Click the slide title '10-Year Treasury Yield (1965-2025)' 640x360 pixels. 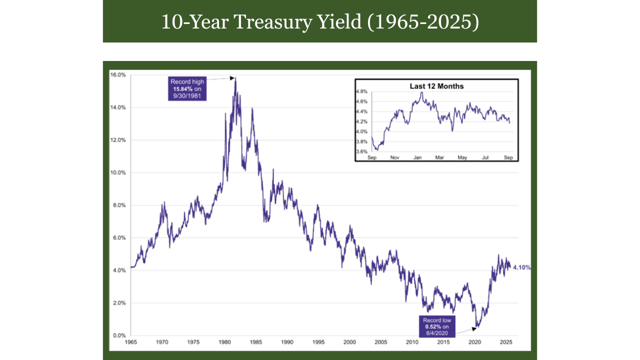[320, 22]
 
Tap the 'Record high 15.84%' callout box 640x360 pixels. [187, 88]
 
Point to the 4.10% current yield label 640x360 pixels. [521, 267]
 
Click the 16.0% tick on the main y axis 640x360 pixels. [118, 75]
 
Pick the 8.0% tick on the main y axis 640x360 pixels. [119, 205]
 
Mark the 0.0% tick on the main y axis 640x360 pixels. [119, 335]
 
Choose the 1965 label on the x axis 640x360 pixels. [130, 342]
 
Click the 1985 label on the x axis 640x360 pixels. [255, 342]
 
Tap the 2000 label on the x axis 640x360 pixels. [349, 342]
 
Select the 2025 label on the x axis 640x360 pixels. [505, 342]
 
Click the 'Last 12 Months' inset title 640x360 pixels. [436, 86]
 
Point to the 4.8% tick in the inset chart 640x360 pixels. [361, 92]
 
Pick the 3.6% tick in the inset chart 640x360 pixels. [361, 151]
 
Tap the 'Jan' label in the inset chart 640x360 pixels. [417, 157]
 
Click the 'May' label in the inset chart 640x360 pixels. [462, 157]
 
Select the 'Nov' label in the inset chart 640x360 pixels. [394, 157]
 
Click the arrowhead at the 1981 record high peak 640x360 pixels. [233, 77]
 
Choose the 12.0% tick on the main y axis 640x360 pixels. [118, 140]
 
